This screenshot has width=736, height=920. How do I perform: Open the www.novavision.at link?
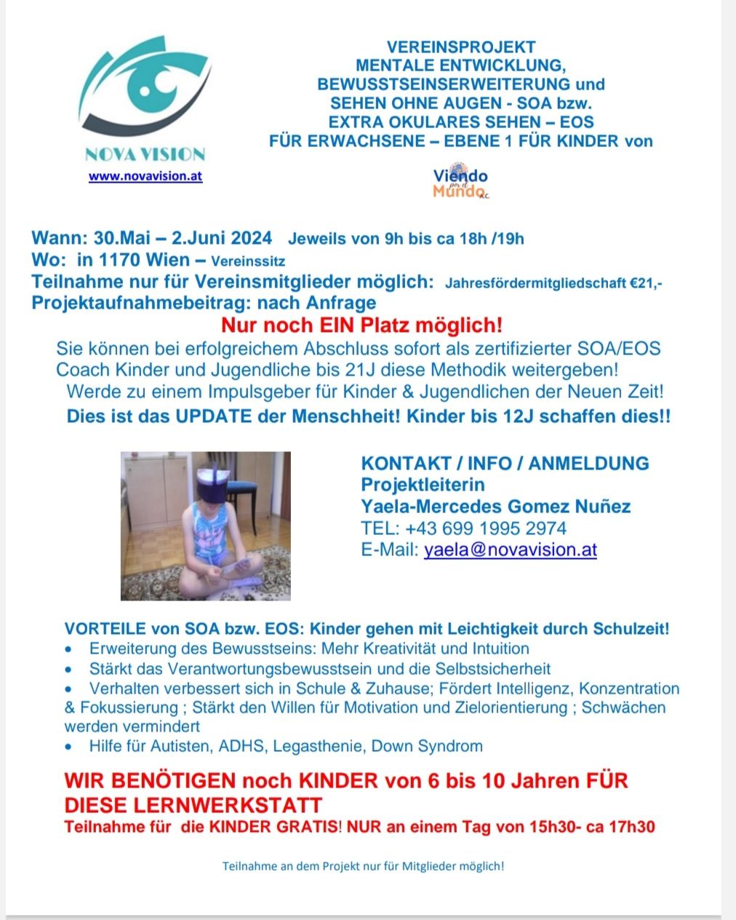pos(145,176)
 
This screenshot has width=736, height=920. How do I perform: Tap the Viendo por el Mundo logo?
pos(460,183)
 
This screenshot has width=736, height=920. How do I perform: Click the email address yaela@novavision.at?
pos(510,550)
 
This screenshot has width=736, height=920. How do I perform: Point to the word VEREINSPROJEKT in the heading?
pos(461,47)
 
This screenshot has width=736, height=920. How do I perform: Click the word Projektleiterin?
pos(423,485)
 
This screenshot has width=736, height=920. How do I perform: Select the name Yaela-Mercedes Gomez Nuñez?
pos(495,507)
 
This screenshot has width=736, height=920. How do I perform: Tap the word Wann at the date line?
pos(57,238)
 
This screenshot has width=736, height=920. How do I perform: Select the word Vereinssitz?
pos(248,261)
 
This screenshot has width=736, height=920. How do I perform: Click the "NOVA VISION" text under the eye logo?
pos(145,154)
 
